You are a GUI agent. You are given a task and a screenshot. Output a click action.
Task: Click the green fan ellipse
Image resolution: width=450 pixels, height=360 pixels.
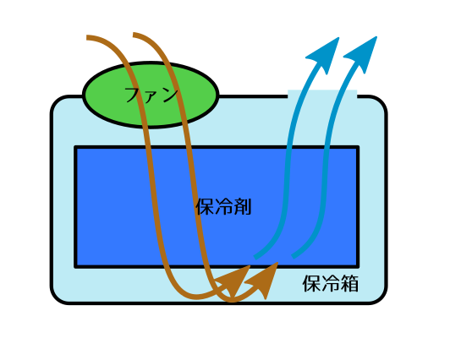click(151, 95)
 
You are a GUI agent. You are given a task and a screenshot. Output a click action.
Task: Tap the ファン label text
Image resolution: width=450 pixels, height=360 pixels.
click(151, 95)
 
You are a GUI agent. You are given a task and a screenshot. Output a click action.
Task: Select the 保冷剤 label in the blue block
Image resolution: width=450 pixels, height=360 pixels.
click(223, 207)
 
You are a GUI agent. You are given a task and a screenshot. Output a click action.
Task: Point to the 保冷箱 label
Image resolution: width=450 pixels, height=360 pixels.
click(331, 283)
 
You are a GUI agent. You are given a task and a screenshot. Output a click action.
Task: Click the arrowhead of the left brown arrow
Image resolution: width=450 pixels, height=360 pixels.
click(235, 281)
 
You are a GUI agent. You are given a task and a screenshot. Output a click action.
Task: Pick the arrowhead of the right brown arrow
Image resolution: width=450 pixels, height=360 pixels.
click(263, 280)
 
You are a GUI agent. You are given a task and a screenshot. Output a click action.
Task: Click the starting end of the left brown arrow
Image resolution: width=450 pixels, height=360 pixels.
click(87, 37)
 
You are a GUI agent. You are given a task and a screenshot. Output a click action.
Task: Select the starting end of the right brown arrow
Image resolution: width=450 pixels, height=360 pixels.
click(134, 35)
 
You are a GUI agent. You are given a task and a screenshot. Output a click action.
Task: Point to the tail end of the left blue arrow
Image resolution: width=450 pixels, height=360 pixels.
click(255, 257)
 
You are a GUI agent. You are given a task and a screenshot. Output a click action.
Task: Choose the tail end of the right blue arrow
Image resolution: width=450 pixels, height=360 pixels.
click(293, 257)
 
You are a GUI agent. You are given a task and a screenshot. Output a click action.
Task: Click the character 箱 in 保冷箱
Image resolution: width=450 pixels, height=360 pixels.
click(349, 283)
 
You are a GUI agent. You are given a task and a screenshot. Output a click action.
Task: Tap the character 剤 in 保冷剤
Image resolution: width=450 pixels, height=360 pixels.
click(243, 207)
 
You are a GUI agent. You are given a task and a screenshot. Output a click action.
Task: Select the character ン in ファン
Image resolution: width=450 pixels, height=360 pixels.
click(170, 95)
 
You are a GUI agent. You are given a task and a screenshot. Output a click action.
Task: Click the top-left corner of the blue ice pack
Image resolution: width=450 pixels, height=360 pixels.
click(74, 146)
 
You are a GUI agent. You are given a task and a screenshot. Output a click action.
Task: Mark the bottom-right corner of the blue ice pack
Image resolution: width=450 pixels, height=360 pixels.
click(359, 268)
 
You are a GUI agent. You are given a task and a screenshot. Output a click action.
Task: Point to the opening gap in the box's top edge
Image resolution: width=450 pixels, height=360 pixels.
click(322, 94)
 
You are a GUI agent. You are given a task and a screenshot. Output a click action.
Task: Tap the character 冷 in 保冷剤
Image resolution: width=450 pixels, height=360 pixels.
click(223, 207)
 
